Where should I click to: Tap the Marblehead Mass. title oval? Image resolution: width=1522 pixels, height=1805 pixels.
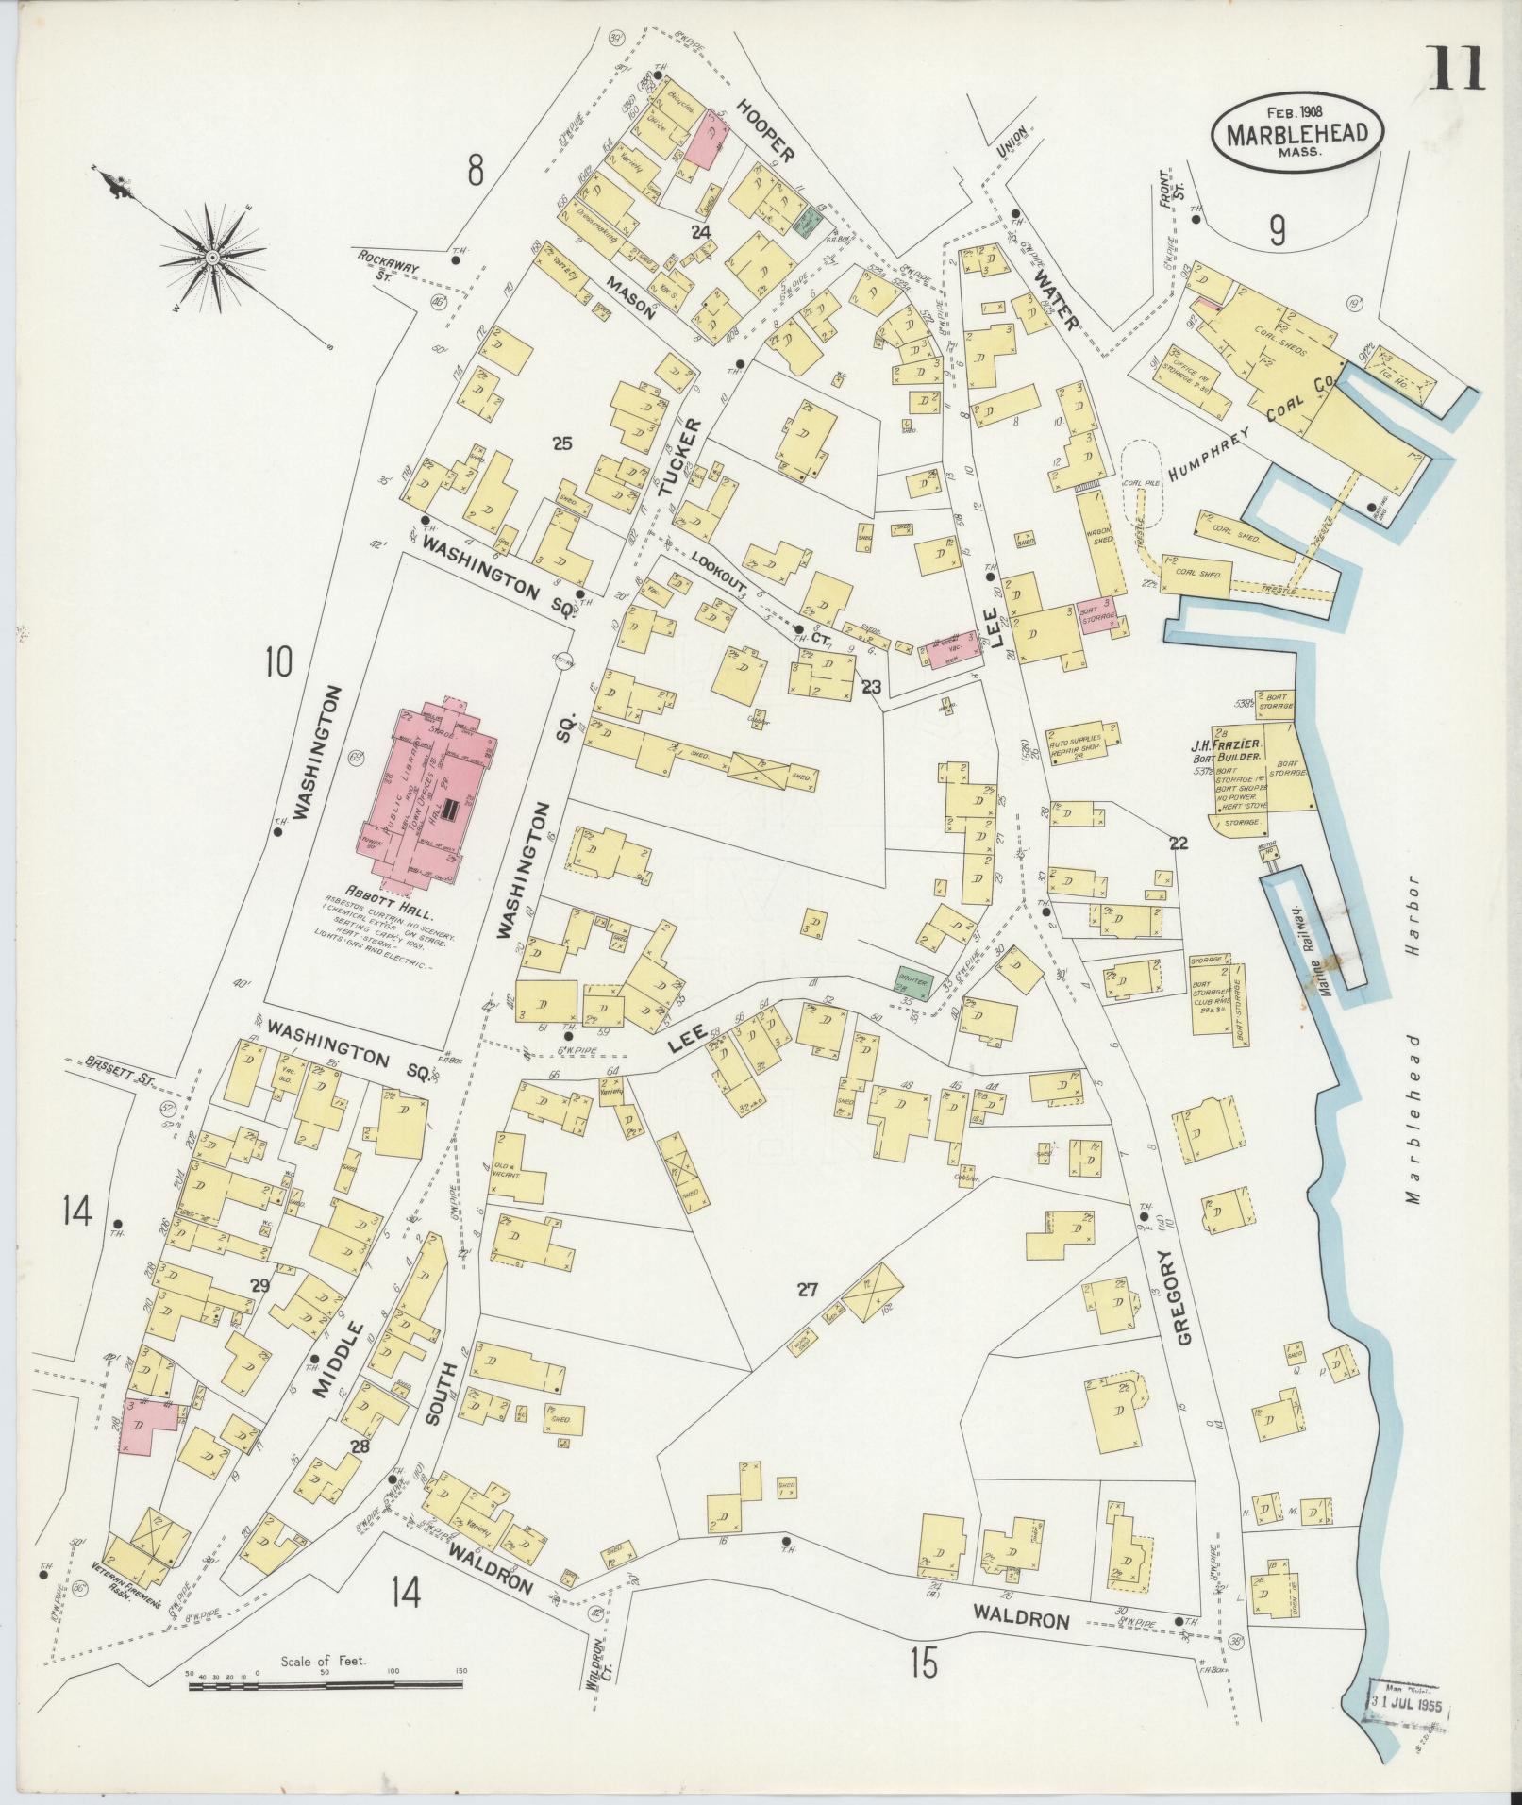click(x=1297, y=133)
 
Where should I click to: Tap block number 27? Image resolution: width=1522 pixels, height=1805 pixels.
click(x=807, y=1290)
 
